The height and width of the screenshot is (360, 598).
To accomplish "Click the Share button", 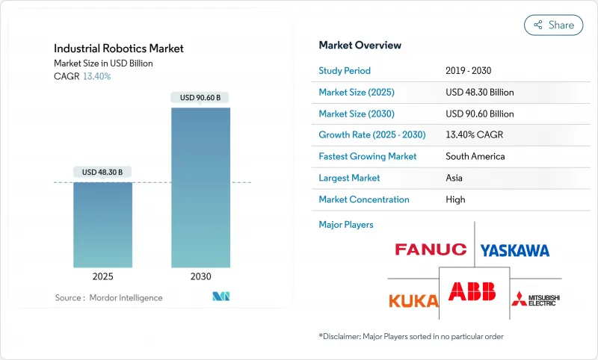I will click(553, 25).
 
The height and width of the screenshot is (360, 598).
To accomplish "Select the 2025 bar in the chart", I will click(102, 224).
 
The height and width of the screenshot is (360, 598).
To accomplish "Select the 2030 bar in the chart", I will click(200, 187).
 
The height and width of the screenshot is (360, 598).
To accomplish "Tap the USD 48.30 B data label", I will click(102, 172).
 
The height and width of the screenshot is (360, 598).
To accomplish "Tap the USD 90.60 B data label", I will click(200, 97).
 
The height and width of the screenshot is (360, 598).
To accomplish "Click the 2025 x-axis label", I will click(102, 276).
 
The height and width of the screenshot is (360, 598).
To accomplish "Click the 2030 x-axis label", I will click(200, 276).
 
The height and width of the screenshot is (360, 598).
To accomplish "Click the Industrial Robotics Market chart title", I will click(119, 49).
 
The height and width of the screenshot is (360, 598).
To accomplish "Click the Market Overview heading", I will click(360, 46).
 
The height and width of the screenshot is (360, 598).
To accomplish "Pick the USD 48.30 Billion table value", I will click(479, 93).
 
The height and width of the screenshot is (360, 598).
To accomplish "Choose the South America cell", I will click(475, 157).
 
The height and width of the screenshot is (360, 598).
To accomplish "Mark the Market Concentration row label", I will click(363, 199).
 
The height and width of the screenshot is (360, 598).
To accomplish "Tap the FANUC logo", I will click(430, 249).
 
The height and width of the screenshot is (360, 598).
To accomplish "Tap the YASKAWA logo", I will click(514, 250).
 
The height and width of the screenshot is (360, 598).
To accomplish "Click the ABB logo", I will click(472, 292).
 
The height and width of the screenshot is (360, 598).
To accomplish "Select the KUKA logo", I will click(413, 300).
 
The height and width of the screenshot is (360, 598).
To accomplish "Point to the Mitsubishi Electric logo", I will click(535, 300).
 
